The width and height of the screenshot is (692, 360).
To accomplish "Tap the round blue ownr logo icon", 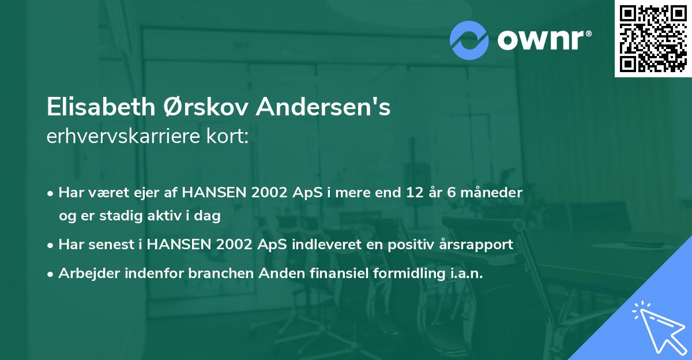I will (469, 40).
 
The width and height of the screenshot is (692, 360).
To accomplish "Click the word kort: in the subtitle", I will (230, 137).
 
